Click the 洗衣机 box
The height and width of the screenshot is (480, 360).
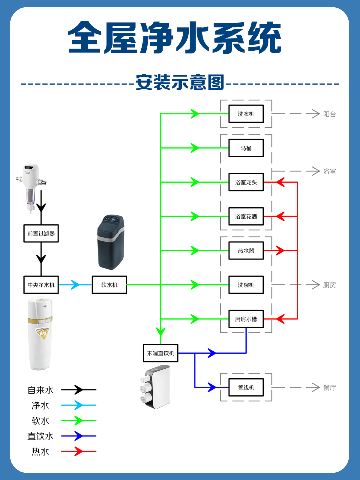point(246,114)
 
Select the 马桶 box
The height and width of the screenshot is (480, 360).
point(246,148)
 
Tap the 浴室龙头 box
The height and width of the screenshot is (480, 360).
point(246,182)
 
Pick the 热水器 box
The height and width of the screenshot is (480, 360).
point(246,250)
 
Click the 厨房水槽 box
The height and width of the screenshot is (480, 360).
point(246,319)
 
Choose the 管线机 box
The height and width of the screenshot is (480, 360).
point(246,387)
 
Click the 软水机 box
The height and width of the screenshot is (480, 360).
point(109,285)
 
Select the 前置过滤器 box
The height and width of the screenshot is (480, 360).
point(41,233)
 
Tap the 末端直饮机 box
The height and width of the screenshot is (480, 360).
point(160,353)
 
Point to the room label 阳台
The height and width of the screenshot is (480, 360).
point(329,114)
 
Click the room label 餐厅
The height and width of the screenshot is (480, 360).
point(329,388)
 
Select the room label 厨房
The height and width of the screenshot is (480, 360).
point(329,285)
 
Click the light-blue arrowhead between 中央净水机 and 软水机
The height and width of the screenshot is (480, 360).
point(75,285)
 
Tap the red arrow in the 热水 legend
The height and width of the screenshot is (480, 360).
point(79,451)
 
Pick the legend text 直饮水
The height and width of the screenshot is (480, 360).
point(40,436)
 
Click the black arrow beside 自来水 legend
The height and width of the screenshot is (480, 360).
point(79,390)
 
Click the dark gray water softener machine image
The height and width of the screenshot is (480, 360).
point(110,242)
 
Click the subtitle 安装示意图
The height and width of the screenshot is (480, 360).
point(180,82)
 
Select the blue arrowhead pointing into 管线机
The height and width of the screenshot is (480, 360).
point(212,387)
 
